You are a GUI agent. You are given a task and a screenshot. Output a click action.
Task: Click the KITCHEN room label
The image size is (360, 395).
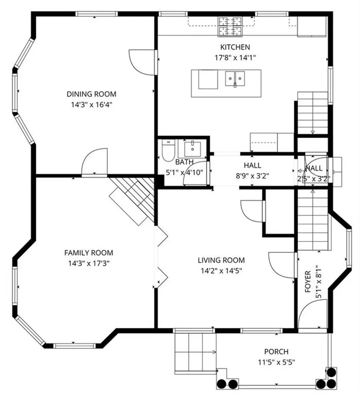tap(235, 47)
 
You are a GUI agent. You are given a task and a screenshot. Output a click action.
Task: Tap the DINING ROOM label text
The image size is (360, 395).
tap(91, 94)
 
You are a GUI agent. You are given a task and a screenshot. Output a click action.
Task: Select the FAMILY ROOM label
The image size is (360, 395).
tap(88, 253)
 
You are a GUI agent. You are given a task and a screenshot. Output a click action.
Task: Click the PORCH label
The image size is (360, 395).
tap(276, 352)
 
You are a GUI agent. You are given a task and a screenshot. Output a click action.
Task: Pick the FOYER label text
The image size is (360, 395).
tap(308, 282)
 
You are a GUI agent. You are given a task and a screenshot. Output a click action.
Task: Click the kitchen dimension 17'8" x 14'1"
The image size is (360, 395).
tap(235, 58)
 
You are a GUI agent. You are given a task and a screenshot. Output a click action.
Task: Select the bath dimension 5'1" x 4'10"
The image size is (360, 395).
tap(184, 173)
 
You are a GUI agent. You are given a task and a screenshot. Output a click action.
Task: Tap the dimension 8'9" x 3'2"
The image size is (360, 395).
tap(252, 176)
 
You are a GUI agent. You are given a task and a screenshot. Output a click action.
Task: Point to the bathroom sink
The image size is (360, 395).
tap(191, 147)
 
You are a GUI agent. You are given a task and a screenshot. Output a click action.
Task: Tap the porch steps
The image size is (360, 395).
tap(195, 352)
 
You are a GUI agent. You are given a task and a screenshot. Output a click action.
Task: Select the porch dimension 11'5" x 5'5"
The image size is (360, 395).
tap(276, 362)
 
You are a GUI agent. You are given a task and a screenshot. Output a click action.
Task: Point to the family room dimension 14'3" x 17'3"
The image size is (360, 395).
tap(88, 263)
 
